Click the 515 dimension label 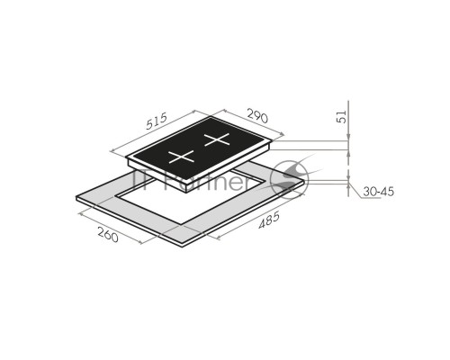[x=157, y=121]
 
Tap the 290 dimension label [x=257, y=116]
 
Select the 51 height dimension [x=342, y=117]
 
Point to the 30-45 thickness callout [x=378, y=192]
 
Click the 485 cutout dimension [x=269, y=220]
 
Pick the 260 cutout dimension [x=108, y=234]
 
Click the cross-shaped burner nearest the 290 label [x=217, y=139]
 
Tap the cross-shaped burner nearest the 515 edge [x=181, y=157]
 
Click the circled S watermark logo [x=289, y=180]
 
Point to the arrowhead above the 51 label [x=348, y=137]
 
